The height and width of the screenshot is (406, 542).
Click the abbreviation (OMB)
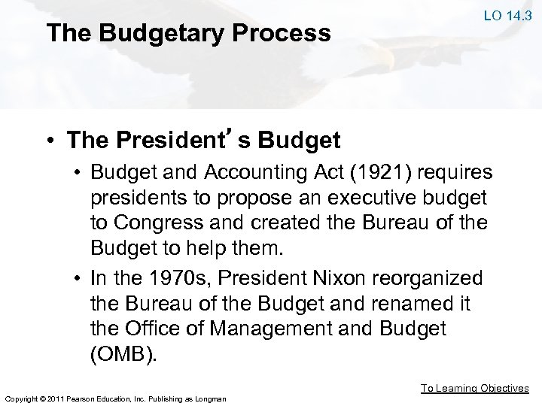pyautogui.click(x=125, y=355)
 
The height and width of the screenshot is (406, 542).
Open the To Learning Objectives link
pyautogui.click(x=474, y=389)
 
